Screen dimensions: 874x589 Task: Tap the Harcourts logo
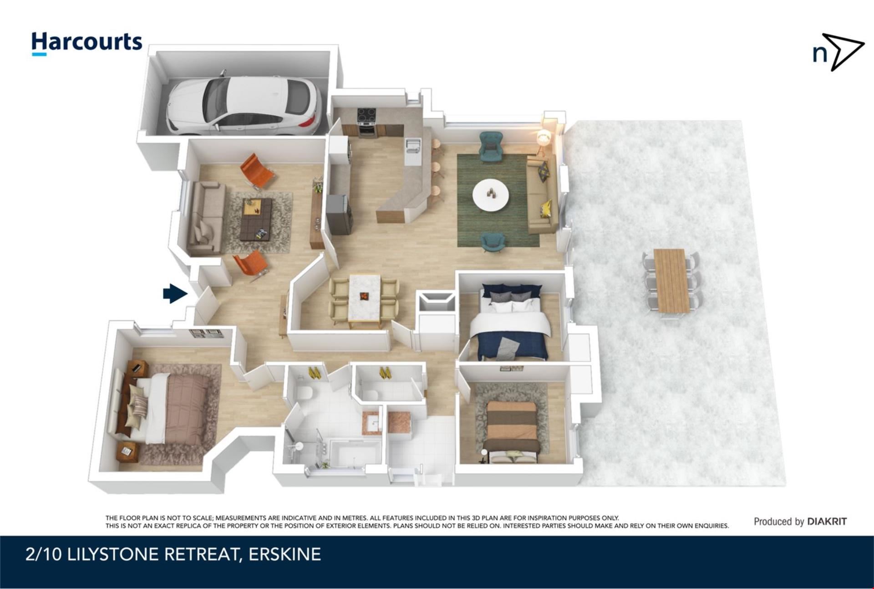pos(86,44)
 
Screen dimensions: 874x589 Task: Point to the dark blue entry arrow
pos(175,293)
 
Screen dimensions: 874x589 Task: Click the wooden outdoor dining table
pos(672,281)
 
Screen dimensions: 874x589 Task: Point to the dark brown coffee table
pos(255,219)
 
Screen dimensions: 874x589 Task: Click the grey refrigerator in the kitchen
pos(339,214)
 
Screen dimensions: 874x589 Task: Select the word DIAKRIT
pos(827,522)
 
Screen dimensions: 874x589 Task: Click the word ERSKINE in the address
pos(285,554)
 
